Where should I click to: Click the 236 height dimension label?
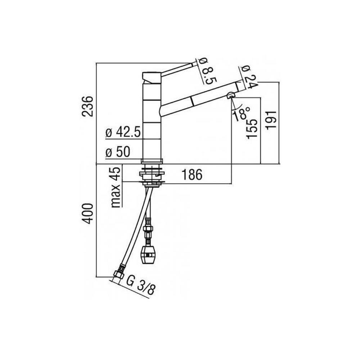(88, 106)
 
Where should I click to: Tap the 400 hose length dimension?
(88, 213)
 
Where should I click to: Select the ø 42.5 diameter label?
(123, 132)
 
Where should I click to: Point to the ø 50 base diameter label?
(118, 152)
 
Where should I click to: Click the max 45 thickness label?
(116, 187)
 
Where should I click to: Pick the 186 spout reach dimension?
(192, 175)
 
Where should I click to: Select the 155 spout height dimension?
(252, 129)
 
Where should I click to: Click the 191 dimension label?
(271, 120)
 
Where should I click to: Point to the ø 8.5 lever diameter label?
(208, 71)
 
